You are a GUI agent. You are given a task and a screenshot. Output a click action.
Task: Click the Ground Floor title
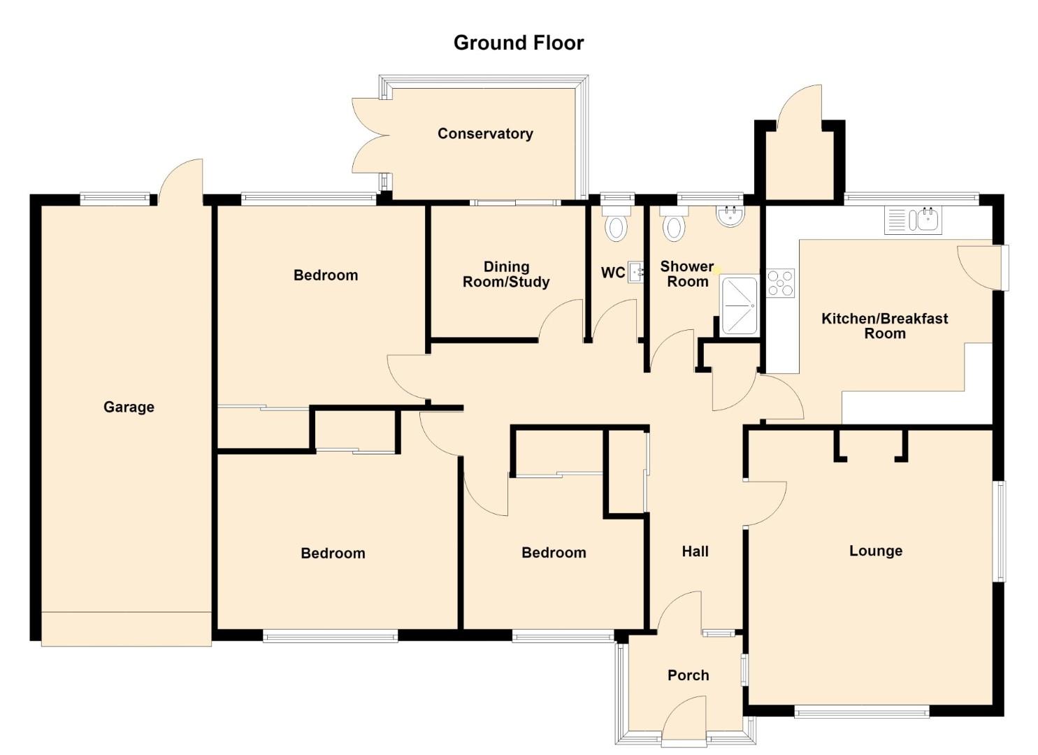(519, 43)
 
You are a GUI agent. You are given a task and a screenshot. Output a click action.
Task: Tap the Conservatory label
(485, 134)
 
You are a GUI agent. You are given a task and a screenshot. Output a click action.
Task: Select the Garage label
(129, 407)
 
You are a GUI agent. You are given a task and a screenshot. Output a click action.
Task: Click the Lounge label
(876, 551)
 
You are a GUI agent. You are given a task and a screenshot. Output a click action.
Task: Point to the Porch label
(688, 675)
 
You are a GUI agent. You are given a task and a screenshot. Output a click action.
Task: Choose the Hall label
(695, 552)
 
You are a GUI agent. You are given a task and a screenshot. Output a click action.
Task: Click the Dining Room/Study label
(506, 274)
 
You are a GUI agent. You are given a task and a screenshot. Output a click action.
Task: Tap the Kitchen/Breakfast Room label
(885, 326)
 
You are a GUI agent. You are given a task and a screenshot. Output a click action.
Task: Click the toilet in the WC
(617, 224)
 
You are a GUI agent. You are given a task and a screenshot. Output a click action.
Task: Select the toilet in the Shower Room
(674, 224)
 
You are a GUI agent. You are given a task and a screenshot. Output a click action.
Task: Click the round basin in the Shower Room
(730, 216)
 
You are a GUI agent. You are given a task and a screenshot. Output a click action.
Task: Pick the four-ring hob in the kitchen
(780, 282)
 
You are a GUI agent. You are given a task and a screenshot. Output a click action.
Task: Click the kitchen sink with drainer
(913, 220)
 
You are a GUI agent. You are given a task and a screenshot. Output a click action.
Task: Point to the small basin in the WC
(635, 272)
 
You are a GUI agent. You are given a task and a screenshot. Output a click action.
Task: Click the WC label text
(613, 273)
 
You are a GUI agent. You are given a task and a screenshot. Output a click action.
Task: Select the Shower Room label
(687, 274)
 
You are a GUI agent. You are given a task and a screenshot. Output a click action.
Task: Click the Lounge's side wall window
(1002, 531)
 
